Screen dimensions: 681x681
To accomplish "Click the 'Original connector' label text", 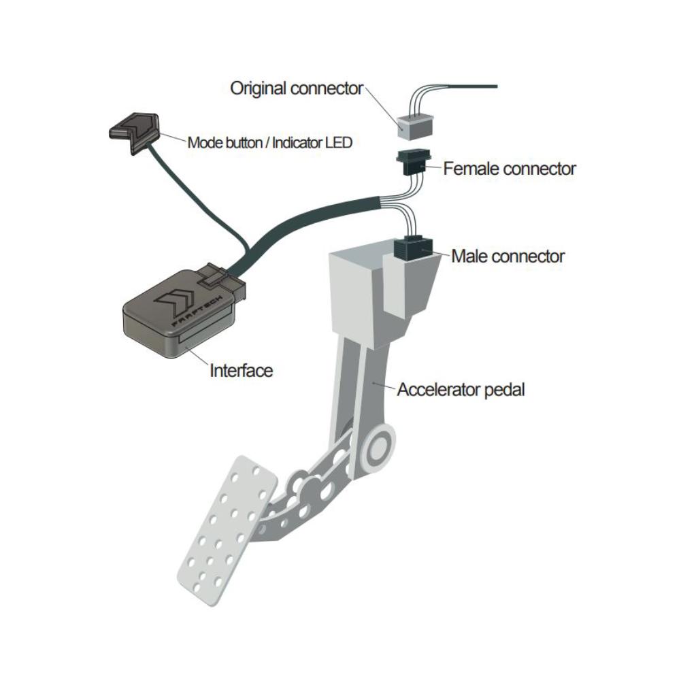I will click(297, 88).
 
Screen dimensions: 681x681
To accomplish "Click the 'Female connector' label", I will click(510, 168).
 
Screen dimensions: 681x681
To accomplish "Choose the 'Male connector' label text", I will click(508, 256).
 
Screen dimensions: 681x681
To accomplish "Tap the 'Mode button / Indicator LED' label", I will click(269, 143).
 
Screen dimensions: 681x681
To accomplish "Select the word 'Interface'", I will click(241, 371).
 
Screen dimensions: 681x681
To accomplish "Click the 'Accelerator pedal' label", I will click(461, 391).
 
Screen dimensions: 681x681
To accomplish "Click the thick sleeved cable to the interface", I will click(306, 218).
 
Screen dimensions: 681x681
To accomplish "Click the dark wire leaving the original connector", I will click(469, 86).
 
